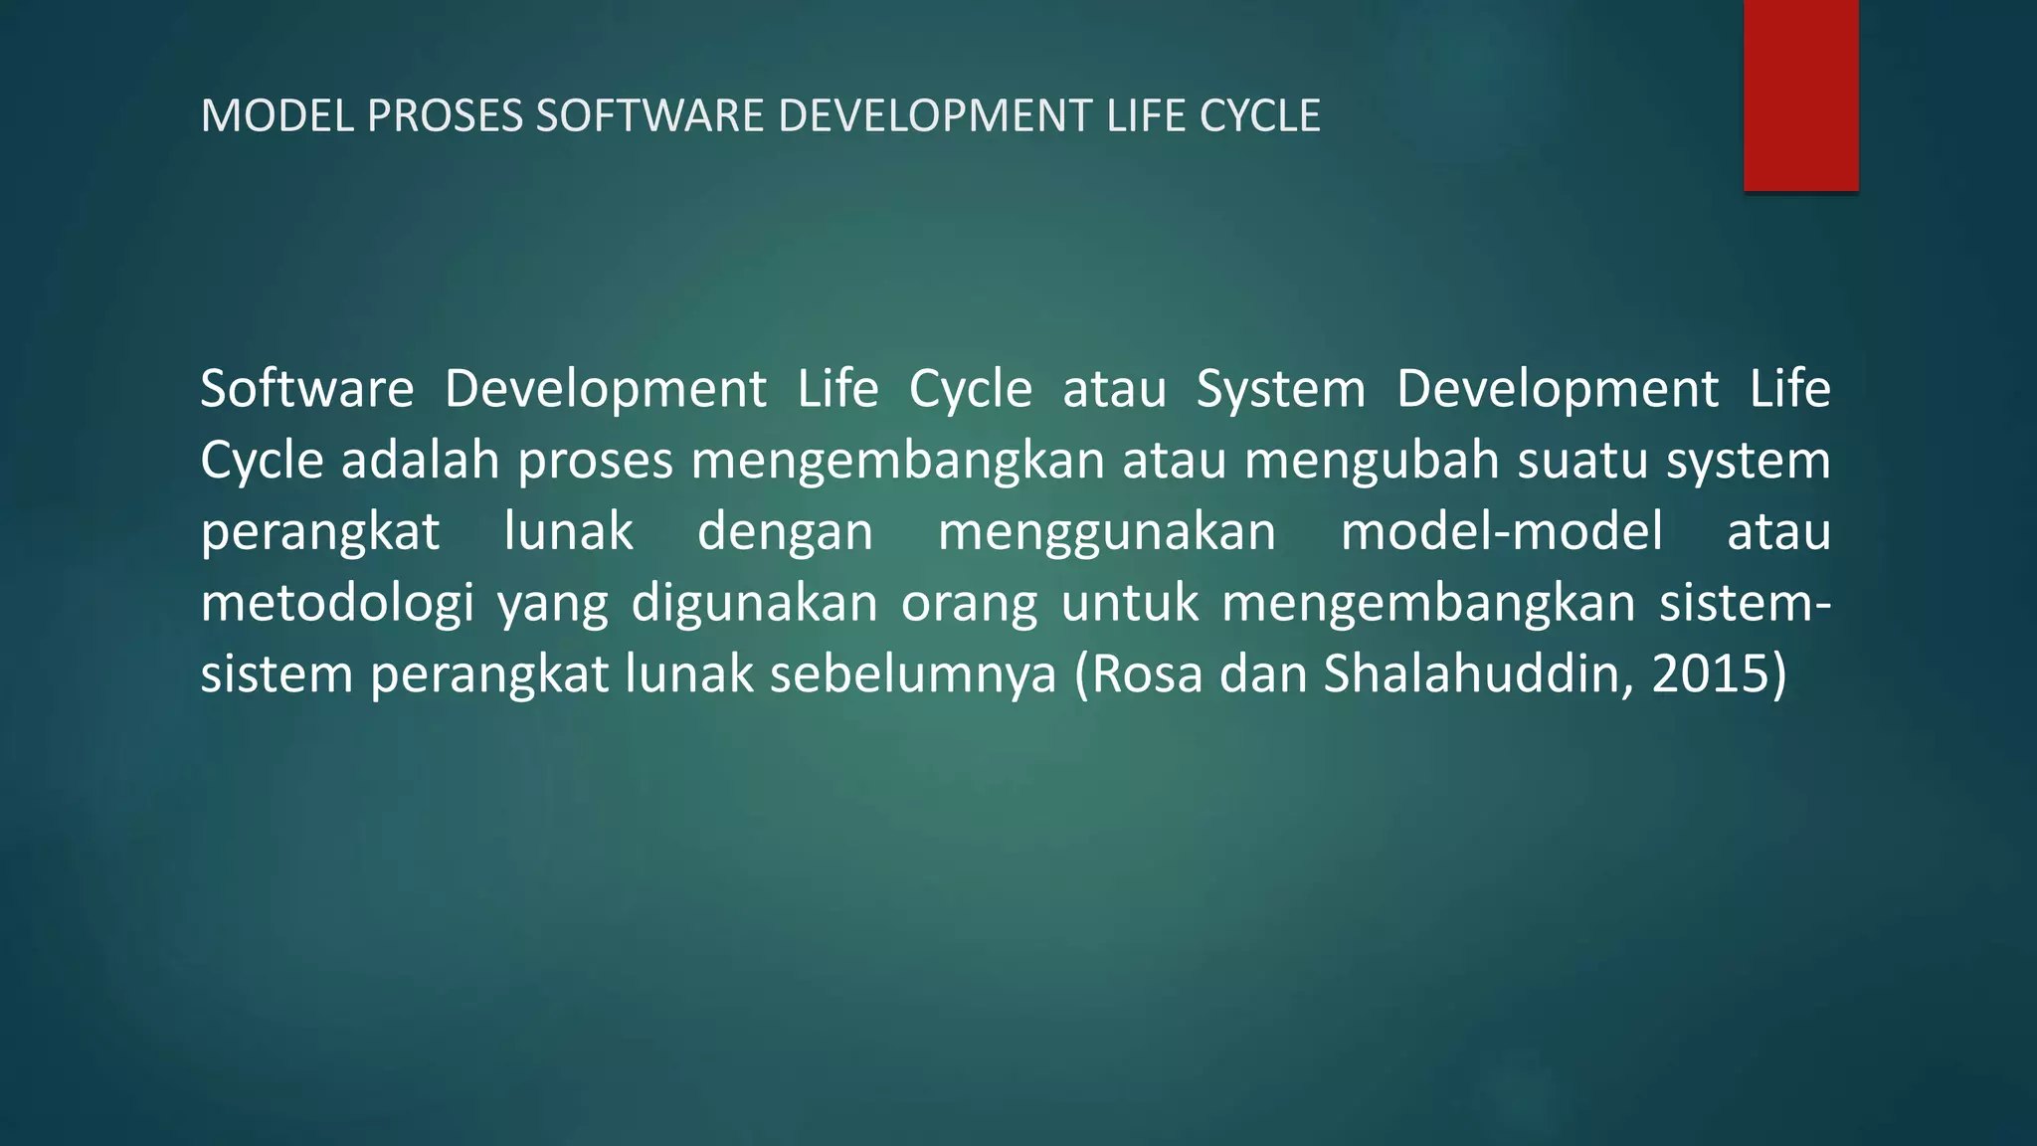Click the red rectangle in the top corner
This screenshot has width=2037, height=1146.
1800,95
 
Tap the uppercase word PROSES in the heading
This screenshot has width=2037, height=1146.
445,116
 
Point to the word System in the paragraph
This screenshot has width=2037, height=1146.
1281,388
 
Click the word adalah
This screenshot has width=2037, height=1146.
420,460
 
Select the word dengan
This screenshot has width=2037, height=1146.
785,531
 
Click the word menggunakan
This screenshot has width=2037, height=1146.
1107,531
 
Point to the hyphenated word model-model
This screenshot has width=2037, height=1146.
1502,531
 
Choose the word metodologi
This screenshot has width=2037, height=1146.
337,603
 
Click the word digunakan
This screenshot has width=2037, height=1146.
754,603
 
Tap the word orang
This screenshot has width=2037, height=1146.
969,603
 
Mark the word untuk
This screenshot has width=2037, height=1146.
1130,603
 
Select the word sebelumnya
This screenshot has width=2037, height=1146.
912,674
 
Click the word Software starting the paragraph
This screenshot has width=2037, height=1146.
306,388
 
